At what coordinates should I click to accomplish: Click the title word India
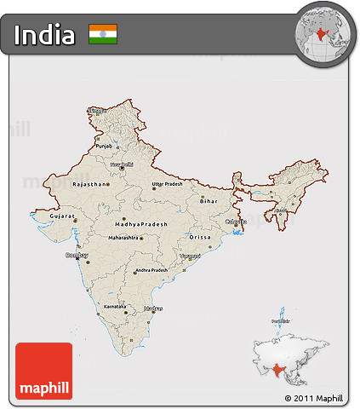click(44, 35)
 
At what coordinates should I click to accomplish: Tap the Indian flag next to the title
click(103, 34)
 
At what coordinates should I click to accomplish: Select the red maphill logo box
click(43, 371)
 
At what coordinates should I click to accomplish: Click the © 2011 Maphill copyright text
click(313, 398)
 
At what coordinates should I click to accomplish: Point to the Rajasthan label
click(90, 184)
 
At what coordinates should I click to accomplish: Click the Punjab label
click(104, 146)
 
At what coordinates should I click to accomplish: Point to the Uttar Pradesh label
click(167, 184)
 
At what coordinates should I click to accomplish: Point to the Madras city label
click(153, 308)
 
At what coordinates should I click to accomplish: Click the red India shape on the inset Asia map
click(278, 372)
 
